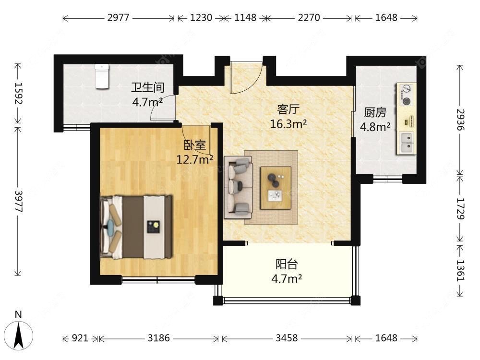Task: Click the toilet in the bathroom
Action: (102, 76)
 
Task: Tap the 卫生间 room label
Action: (148, 87)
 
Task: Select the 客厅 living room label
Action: (288, 109)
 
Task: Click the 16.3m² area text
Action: (288, 124)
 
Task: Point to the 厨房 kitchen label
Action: (375, 112)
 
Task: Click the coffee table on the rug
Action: (276, 188)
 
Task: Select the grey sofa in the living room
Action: (239, 187)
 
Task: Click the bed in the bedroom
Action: (136, 227)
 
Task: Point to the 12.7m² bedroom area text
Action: (195, 159)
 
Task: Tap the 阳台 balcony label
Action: (287, 264)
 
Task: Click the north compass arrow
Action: (19, 336)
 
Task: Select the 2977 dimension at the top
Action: (118, 18)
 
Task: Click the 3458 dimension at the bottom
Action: (287, 338)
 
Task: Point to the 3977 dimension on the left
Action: (19, 202)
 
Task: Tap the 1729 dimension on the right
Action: (460, 209)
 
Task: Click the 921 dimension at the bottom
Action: (80, 338)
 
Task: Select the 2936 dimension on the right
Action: (460, 120)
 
